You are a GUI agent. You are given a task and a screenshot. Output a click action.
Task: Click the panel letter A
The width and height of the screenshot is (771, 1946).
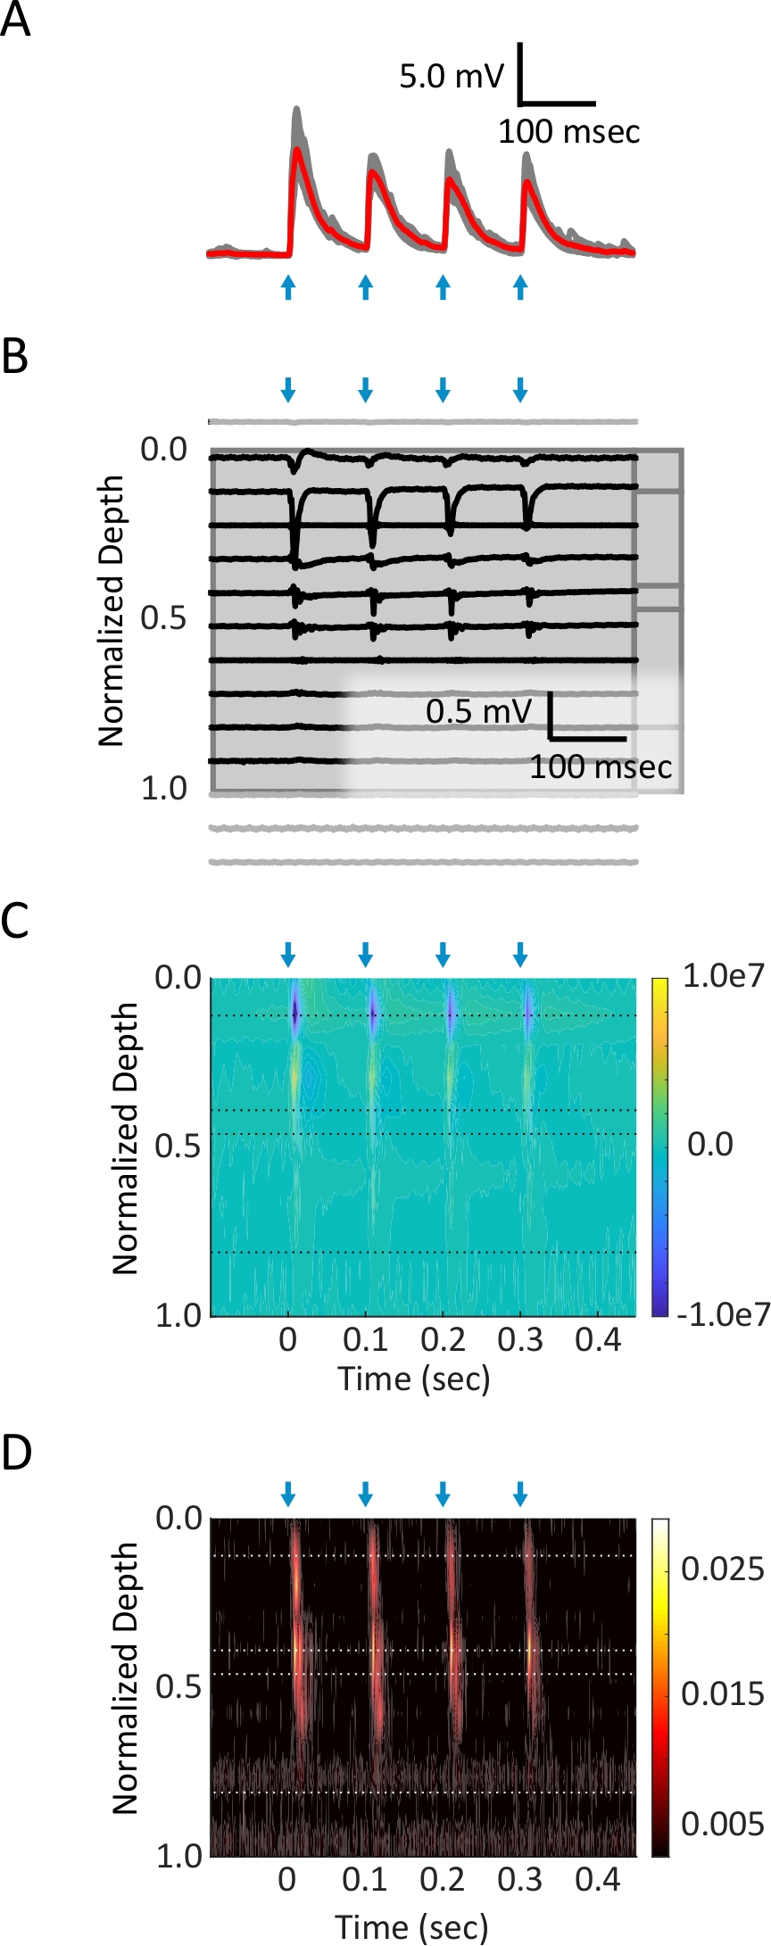[x=15, y=20]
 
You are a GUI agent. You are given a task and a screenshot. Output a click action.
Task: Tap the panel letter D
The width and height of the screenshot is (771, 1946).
[x=16, y=1453]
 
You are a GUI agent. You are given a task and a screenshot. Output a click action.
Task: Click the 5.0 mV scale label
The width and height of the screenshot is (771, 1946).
[x=452, y=77]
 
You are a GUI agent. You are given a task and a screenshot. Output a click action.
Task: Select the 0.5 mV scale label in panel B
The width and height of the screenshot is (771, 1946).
[x=478, y=711]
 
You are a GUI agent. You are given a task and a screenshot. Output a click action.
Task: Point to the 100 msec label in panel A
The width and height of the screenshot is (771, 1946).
[x=568, y=132]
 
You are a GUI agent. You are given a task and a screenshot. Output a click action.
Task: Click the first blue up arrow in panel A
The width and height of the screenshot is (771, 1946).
[x=287, y=286]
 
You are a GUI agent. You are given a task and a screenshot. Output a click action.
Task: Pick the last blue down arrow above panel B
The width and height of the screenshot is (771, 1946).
[x=520, y=389]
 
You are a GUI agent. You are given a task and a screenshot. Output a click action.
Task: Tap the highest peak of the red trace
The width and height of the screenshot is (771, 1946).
[x=297, y=150]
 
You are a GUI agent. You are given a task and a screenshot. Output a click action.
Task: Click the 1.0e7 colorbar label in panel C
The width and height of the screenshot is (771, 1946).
[x=723, y=976]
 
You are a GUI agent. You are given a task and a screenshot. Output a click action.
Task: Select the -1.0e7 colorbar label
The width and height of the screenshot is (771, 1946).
[x=723, y=1314]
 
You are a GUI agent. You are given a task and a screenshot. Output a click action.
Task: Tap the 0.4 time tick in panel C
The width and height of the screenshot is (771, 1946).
[x=598, y=1339]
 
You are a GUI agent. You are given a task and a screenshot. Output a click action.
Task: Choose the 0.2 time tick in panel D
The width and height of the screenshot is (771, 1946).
[x=443, y=1879]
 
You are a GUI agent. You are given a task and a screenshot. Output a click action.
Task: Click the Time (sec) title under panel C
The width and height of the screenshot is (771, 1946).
[x=414, y=1379]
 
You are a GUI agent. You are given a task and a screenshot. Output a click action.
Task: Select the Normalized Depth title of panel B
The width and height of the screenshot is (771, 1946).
[x=112, y=610]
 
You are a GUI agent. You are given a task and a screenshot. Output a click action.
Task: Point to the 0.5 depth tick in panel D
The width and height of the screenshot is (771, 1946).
[x=178, y=1685]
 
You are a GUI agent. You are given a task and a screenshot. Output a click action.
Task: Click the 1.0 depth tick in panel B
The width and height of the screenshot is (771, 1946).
[x=164, y=789]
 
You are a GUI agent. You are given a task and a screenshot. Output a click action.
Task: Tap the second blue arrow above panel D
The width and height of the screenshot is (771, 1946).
[x=365, y=1493]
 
